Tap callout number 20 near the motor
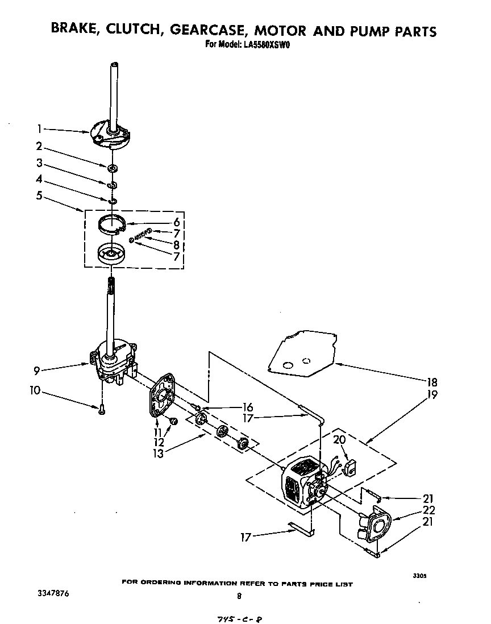click(x=339, y=439)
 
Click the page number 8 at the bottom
click(x=239, y=596)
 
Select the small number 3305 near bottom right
click(x=419, y=576)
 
